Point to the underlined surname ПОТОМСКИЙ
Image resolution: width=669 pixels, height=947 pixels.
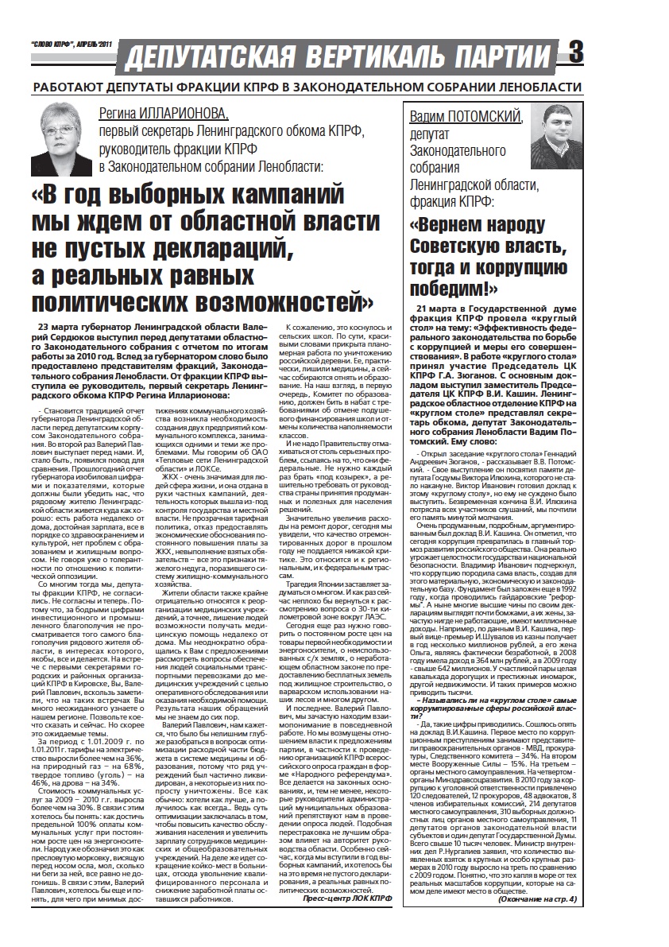click(484, 117)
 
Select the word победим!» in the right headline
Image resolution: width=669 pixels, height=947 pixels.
click(454, 286)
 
